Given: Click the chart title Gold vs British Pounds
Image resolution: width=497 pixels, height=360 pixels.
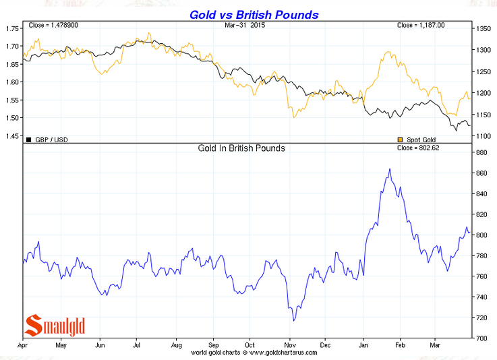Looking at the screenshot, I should pyautogui.click(x=254, y=14).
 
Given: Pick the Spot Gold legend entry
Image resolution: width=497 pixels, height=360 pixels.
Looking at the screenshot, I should pyautogui.click(x=419, y=140).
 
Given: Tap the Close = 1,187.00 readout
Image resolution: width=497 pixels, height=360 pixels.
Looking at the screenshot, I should pyautogui.click(x=421, y=25).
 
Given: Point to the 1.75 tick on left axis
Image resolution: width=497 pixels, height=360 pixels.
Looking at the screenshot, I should pyautogui.click(x=12, y=28).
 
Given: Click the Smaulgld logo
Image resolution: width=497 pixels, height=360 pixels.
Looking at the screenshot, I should pyautogui.click(x=55, y=326).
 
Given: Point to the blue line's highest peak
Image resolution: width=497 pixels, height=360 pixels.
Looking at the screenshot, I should pyautogui.click(x=389, y=169).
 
